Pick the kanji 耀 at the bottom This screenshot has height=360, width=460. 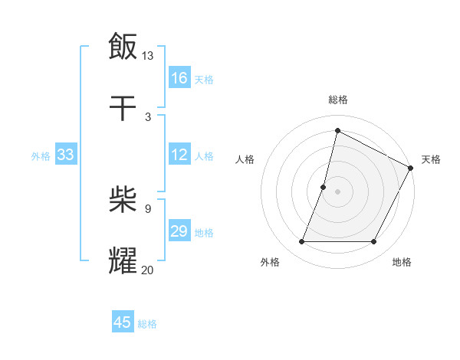click(123, 260)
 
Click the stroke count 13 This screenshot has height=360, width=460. click(148, 55)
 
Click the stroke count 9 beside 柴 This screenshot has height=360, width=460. click(148, 208)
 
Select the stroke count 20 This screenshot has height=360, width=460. click(148, 269)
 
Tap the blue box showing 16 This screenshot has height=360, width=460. click(179, 78)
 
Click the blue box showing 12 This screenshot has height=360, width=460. click(179, 155)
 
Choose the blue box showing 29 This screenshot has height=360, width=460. click(179, 231)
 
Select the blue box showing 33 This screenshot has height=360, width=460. click(65, 155)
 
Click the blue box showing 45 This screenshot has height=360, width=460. click(123, 322)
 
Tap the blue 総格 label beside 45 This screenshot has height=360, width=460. click(147, 324)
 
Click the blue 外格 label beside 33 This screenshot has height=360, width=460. click(41, 156)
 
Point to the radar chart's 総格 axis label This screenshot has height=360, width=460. click(337, 100)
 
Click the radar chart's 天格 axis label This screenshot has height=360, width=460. click(431, 159)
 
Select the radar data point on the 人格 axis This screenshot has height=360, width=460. click(324, 187)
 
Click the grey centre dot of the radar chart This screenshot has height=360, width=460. click(337, 191)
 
